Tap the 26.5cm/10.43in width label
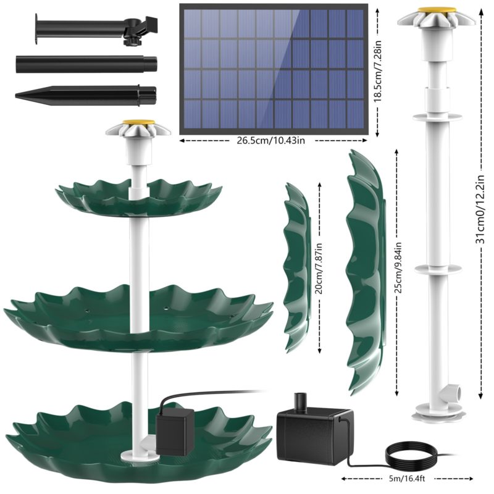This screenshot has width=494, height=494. [272, 140]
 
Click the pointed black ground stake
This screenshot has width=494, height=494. [86, 94]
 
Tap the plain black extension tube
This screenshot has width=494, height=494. [86, 64]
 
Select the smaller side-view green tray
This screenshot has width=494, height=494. [296, 266]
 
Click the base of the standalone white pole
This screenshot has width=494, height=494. [440, 411]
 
